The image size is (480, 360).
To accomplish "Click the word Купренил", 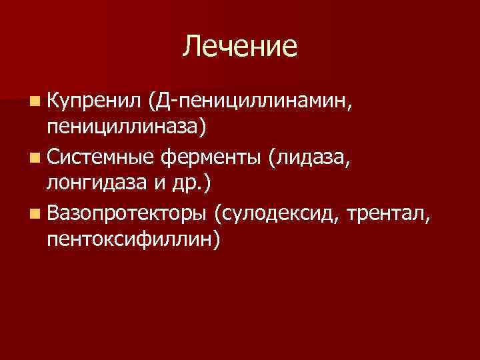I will pos(95,100).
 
